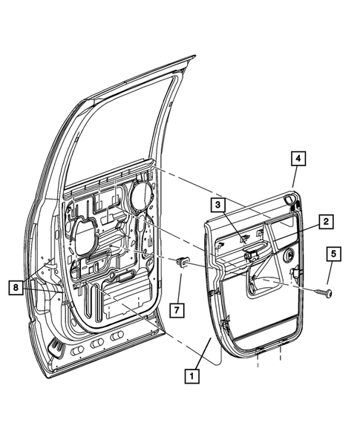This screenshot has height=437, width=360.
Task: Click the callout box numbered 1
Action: point(192,376)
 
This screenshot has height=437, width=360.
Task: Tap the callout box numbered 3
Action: point(217,204)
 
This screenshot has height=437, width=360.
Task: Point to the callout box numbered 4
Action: point(295,158)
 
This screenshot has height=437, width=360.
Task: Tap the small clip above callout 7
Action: point(180,260)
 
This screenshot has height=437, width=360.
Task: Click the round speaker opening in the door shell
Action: point(138,199)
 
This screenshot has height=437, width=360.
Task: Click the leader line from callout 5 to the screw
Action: point(331,275)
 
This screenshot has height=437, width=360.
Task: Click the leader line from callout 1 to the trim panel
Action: point(202,352)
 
